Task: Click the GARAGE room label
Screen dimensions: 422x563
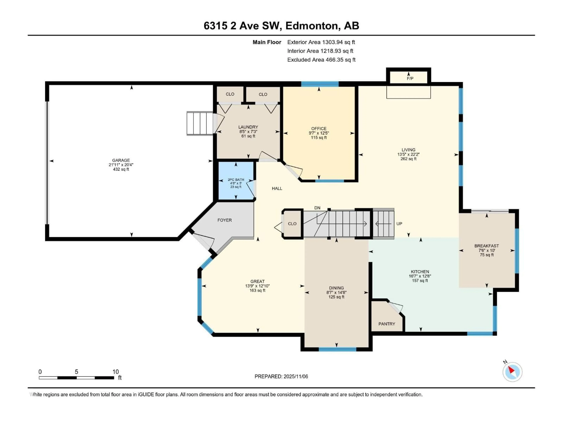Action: (x=121, y=160)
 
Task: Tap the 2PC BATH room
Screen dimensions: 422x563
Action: (x=236, y=181)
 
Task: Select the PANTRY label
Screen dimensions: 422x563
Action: (x=387, y=324)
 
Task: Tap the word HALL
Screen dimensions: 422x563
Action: (x=277, y=188)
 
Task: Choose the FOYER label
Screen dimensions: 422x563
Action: (x=224, y=220)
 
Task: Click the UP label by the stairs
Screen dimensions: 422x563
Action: (x=399, y=224)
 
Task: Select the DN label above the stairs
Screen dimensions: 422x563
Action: (x=317, y=208)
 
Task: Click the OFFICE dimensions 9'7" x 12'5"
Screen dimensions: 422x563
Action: (x=319, y=133)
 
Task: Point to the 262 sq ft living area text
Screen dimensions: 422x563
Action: (x=408, y=159)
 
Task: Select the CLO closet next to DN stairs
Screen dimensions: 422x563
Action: (x=292, y=224)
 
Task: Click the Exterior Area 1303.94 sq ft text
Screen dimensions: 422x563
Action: (x=321, y=42)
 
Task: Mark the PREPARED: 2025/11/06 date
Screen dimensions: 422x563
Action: (x=281, y=376)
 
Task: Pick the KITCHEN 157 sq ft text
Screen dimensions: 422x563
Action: (x=420, y=281)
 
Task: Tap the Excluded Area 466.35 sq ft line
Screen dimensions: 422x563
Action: (x=321, y=60)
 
